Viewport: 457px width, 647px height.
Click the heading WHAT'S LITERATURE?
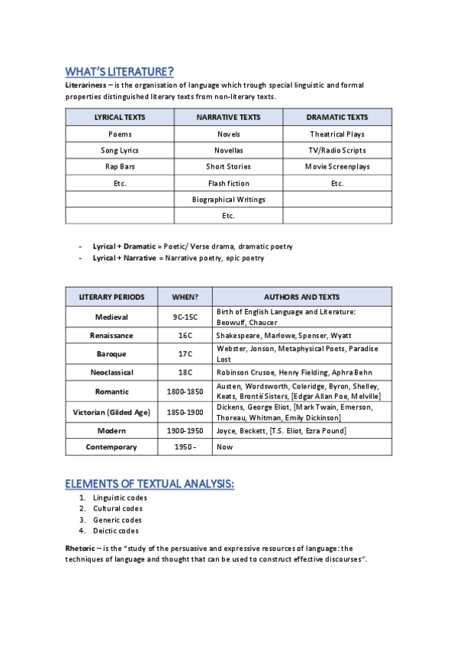coord(119,72)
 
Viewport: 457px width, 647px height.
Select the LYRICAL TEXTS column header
coord(120,117)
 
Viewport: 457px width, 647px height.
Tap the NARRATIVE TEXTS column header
coord(228,117)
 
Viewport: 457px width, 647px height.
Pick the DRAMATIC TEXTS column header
coord(337,117)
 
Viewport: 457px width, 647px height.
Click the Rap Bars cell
coord(120,166)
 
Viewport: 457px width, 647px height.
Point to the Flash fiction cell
coord(228,183)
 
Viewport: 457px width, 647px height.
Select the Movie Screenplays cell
coord(337,166)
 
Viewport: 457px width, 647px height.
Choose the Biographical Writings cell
coord(228,199)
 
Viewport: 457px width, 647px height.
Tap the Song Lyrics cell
coord(120,150)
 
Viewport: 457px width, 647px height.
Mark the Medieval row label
coord(111,317)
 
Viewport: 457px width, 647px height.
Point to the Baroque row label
coord(111,354)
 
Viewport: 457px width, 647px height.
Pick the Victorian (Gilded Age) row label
coord(111,412)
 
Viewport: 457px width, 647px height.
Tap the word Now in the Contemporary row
coord(224,447)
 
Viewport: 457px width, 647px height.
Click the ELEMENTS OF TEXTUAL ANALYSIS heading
coord(149,484)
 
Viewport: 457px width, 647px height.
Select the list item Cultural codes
coord(117,508)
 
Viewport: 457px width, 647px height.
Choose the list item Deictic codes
coord(116,530)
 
